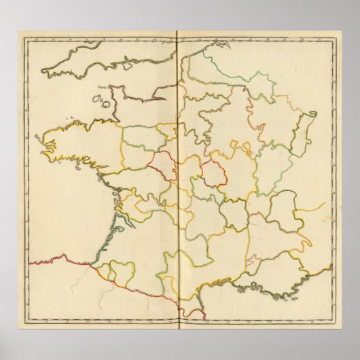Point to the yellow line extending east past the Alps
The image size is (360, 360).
point(314,206)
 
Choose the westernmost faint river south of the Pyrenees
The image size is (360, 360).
point(102,299)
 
